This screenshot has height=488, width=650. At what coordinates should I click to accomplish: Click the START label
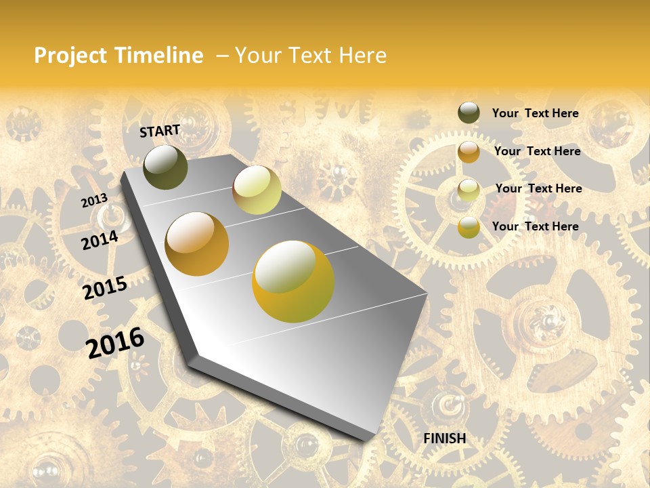160,131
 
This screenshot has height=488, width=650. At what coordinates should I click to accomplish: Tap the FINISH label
445,439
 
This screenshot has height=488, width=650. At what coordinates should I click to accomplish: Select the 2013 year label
94,201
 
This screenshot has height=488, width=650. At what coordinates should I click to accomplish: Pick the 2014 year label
100,240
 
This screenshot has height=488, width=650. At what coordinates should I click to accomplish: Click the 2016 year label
115,342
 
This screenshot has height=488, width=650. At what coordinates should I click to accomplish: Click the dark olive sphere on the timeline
165,167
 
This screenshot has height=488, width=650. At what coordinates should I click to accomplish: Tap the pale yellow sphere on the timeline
257,190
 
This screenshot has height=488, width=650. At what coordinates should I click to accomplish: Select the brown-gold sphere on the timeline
196,244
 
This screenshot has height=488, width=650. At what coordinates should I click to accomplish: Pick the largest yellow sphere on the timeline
293,281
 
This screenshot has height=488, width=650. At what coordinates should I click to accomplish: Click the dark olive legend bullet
469,113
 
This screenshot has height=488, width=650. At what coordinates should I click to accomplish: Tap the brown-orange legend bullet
469,151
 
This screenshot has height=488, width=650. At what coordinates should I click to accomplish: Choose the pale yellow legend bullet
469,189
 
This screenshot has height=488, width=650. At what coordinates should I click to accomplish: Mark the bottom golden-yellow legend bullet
469,227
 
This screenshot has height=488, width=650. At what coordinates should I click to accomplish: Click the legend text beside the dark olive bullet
535,113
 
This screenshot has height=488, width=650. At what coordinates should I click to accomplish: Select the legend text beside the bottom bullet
535,226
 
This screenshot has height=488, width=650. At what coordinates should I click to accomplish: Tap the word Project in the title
71,56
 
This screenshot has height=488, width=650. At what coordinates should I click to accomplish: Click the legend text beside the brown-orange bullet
537,151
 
